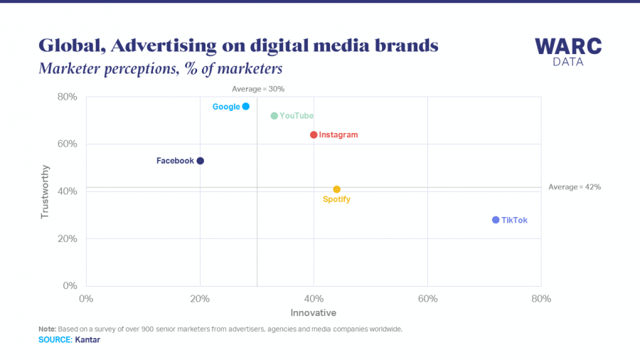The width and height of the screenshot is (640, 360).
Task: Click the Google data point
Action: click(x=245, y=106)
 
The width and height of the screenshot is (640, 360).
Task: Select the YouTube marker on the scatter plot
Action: click(x=274, y=116)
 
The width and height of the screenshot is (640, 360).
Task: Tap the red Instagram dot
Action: click(x=314, y=134)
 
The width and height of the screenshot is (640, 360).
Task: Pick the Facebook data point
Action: click(x=201, y=161)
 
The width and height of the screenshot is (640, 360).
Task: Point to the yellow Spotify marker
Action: click(x=336, y=189)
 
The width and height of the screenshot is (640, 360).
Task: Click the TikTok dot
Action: click(x=496, y=220)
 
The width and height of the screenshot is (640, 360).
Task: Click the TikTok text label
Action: click(x=514, y=221)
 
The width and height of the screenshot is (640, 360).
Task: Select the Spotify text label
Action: click(x=336, y=200)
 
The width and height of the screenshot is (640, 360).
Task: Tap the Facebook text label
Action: click(x=175, y=161)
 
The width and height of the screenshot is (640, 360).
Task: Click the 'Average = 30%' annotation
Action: click(x=258, y=89)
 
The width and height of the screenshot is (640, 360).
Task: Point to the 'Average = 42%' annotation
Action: click(x=575, y=187)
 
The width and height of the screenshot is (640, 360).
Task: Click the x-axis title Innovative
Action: click(x=314, y=313)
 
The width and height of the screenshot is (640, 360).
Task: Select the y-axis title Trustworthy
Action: click(x=46, y=191)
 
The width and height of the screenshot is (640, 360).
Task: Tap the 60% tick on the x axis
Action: click(x=427, y=299)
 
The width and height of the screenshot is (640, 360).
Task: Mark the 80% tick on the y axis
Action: click(x=67, y=97)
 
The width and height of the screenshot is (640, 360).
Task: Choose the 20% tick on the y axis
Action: click(x=67, y=238)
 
